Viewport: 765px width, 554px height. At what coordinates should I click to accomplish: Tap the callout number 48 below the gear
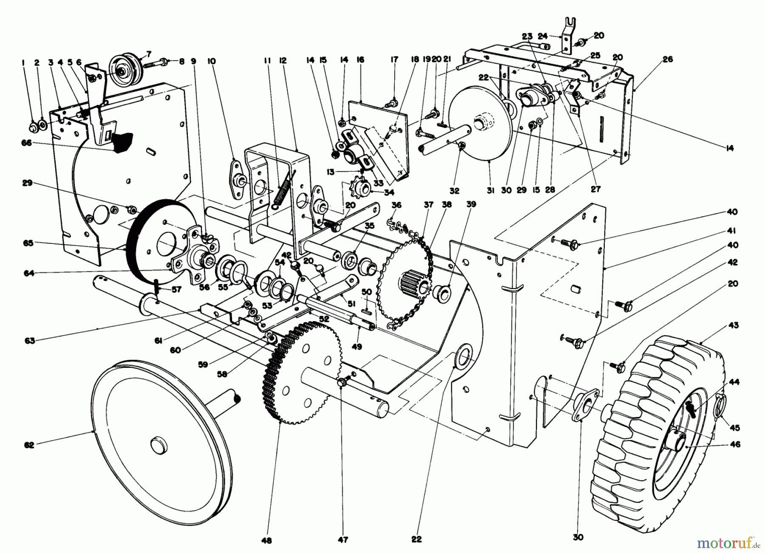[x=267, y=540]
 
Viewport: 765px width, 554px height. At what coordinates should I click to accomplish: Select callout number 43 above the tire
[x=734, y=325]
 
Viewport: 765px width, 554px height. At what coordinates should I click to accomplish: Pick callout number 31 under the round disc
[x=490, y=191]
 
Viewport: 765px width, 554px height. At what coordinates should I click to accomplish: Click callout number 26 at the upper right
[x=668, y=59]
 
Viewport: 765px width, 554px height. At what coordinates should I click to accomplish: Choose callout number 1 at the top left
[x=23, y=62]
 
